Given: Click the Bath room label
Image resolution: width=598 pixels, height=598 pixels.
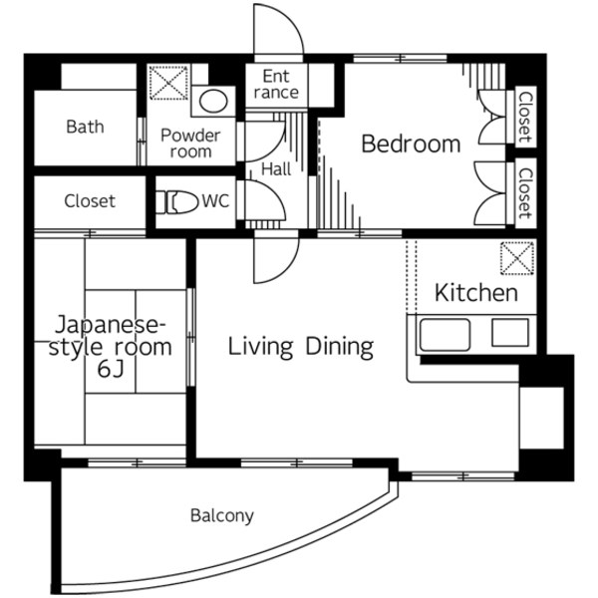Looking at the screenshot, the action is pos(85,127).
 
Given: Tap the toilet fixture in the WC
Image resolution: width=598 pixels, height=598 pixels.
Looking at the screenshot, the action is pos(177,201).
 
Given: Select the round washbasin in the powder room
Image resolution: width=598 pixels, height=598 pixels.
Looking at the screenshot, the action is pos(213,101).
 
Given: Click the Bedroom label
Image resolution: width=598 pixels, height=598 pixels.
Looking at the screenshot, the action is pos(411,145).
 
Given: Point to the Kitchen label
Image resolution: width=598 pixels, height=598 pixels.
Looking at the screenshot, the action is pos(476,293).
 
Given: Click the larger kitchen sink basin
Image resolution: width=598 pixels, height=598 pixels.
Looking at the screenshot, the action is pos(445,335).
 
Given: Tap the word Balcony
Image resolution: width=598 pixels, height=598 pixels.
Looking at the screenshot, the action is pos(222,516).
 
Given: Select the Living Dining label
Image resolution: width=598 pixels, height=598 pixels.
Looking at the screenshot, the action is pos(301,347).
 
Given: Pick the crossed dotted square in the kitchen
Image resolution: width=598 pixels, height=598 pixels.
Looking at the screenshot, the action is pos(516,258).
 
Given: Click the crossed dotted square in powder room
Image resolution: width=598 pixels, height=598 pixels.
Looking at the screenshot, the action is pos(168,83).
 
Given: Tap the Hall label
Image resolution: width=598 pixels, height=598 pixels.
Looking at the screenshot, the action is pos(276,169).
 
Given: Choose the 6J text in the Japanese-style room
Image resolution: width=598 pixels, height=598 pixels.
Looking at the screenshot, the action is pos(111,369).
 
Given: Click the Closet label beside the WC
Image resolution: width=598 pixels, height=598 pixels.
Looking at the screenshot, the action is pos(90,201).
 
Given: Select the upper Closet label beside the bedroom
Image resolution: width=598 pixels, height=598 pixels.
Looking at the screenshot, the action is pos(525,117).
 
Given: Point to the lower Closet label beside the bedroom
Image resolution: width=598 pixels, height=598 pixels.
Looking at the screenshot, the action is pos(525,193).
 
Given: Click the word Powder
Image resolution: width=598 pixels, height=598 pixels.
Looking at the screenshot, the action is pos(190,136).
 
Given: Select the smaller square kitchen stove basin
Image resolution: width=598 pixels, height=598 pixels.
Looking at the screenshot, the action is pos(510,333).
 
